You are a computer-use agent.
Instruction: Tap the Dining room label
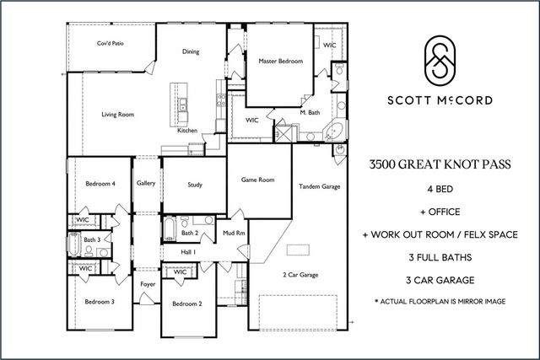pos(191,52)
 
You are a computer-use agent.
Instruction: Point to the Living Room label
pos(118,114)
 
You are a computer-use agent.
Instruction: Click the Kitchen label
pos(187,131)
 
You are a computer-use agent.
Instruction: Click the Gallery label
pos(145,183)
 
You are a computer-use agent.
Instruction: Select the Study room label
pos(194,184)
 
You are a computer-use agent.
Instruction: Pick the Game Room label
pos(257,180)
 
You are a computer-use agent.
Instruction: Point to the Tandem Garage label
pos(318,185)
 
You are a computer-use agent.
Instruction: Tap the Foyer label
pos(148,284)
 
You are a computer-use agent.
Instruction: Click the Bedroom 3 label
pos(100,301)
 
